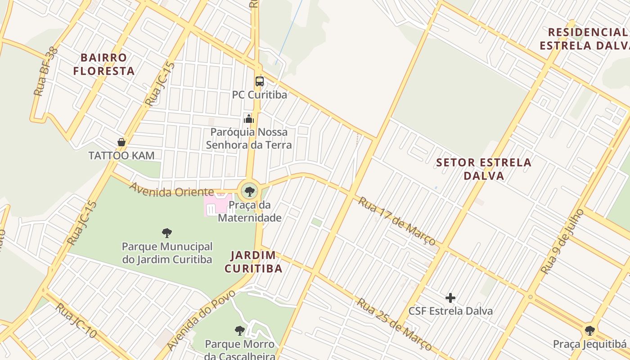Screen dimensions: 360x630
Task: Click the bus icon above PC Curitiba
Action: [260, 81]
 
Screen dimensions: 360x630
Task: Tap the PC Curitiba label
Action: [260, 95]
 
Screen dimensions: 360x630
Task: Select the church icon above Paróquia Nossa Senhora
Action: [249, 119]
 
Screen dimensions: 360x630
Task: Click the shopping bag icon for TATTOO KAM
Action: [121, 142]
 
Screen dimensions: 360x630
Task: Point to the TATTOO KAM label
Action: [121, 156]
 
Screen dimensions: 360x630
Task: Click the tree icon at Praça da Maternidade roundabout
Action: [249, 192]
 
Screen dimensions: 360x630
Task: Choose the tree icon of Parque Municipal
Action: [167, 233]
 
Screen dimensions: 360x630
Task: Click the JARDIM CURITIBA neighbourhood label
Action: [253, 262]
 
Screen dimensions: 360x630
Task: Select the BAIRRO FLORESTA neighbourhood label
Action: [104, 64]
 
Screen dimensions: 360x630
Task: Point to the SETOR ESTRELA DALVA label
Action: [484, 169]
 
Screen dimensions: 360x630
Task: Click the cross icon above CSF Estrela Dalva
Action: [450, 298]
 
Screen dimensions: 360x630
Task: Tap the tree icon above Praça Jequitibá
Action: [589, 331]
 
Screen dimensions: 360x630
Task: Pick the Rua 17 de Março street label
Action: [396, 220]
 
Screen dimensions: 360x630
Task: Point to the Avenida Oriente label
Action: [171, 189]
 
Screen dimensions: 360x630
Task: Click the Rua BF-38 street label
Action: [46, 72]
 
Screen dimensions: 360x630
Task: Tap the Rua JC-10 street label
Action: [76, 321]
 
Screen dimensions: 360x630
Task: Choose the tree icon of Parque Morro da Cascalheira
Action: [240, 331]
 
